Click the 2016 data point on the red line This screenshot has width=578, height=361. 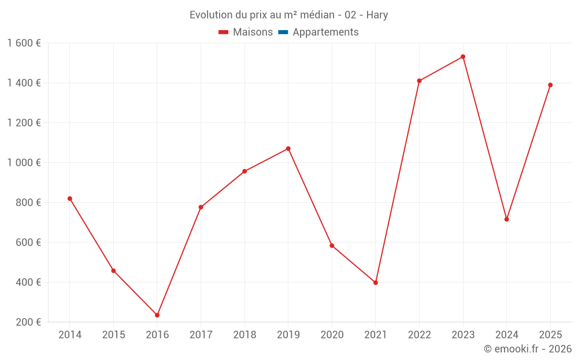pyautogui.click(x=157, y=315)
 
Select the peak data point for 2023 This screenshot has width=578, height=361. pyautogui.click(x=463, y=57)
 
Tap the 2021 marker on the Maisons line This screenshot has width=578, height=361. pyautogui.click(x=376, y=282)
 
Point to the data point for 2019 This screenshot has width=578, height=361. pyautogui.click(x=288, y=148)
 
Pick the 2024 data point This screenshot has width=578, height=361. pyautogui.click(x=507, y=219)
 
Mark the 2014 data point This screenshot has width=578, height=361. pyautogui.click(x=70, y=199)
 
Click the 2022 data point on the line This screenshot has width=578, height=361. pyautogui.click(x=419, y=81)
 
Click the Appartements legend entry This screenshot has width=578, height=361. pyautogui.click(x=325, y=32)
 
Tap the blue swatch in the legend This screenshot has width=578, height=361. pyautogui.click(x=283, y=32)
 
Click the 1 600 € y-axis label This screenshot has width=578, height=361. pyautogui.click(x=24, y=43)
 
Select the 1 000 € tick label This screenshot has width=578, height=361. pyautogui.click(x=24, y=163)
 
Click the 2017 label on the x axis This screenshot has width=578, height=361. pyautogui.click(x=201, y=335)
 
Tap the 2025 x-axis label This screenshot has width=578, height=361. pyautogui.click(x=550, y=335)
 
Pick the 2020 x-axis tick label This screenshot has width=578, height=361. pyautogui.click(x=332, y=335)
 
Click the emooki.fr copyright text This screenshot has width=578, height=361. pyautogui.click(x=528, y=349)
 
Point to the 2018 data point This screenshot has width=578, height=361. pyautogui.click(x=244, y=171)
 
